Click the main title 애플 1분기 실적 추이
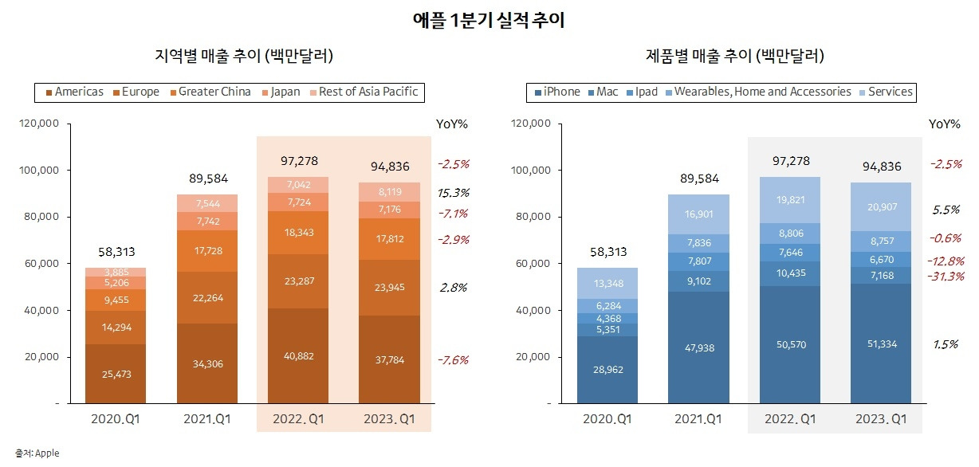tap(489, 20)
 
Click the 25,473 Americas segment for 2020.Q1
tap(116, 373)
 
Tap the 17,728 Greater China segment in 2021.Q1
tap(207, 251)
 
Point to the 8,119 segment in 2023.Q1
tap(389, 191)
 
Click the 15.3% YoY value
tap(453, 193)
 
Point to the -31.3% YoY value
tap(946, 277)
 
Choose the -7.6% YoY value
tap(453, 360)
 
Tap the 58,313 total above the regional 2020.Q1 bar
tap(116, 251)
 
